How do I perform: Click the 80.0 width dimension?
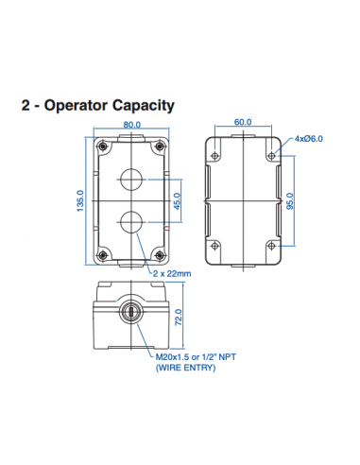pyautogui.click(x=131, y=124)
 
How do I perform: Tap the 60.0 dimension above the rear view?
pyautogui.click(x=244, y=123)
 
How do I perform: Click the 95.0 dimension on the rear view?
pyautogui.click(x=291, y=200)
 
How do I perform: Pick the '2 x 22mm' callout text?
pyautogui.click(x=172, y=274)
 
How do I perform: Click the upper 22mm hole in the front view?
pyautogui.click(x=132, y=178)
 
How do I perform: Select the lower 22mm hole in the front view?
pyautogui.click(x=132, y=222)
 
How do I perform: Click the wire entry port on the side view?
pyautogui.click(x=131, y=313)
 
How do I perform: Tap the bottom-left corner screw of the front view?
pyautogui.click(x=101, y=252)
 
